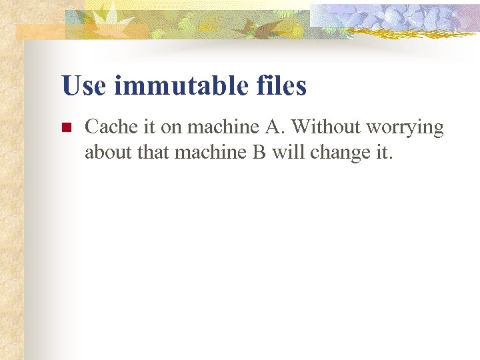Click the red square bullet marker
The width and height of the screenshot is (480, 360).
pos(65,128)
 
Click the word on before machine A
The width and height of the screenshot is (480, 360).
pos(171,127)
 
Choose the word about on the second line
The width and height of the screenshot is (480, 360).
pos(107,153)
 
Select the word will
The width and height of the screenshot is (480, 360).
pos(287,153)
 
